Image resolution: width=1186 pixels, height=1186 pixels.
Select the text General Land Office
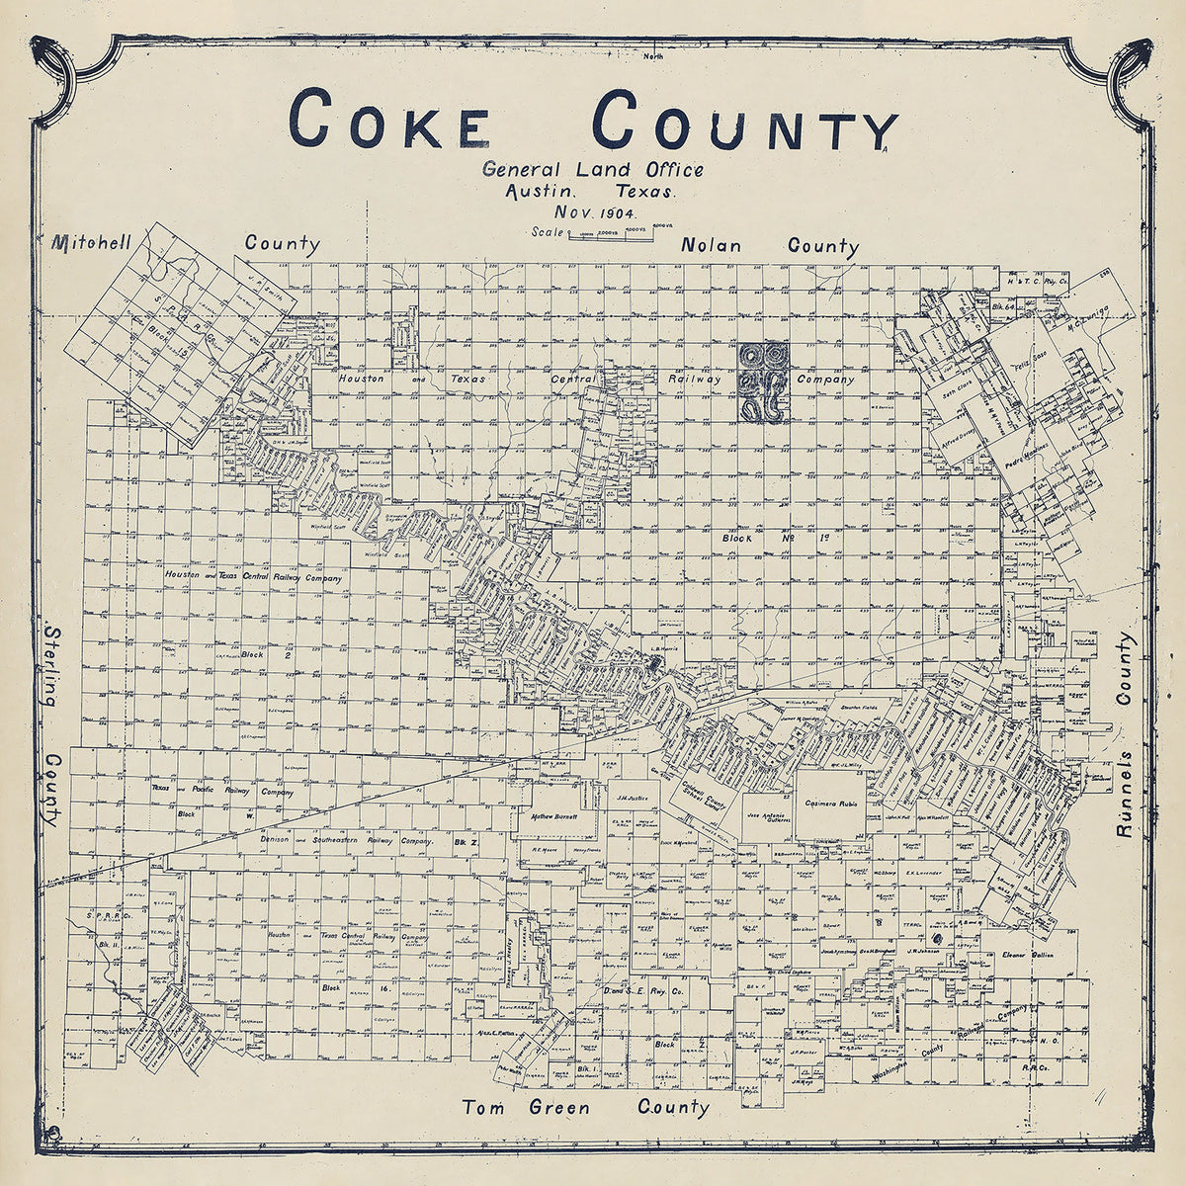[x=593, y=169]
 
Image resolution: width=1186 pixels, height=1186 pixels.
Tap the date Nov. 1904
[x=595, y=212]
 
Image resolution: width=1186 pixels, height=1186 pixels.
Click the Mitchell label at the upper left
[x=95, y=240]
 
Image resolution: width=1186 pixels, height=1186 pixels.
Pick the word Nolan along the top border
[x=710, y=244]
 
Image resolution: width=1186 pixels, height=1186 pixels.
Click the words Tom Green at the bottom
[x=527, y=1107]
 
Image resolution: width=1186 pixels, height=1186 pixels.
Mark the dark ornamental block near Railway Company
[x=764, y=382]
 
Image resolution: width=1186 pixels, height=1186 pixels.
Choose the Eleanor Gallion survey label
[x=1029, y=956]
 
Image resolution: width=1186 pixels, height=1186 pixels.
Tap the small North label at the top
[x=653, y=56]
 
